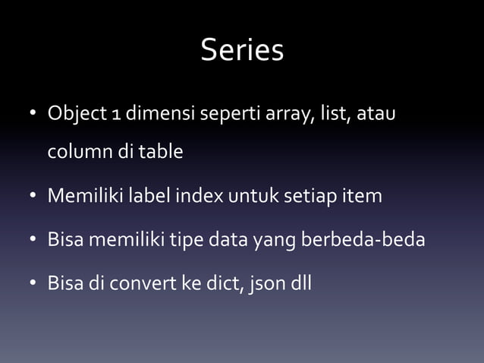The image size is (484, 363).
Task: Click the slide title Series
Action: coord(242,51)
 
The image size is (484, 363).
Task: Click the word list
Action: coord(329,115)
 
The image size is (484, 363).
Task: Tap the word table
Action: coord(159,152)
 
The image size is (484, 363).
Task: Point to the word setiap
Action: coord(309,197)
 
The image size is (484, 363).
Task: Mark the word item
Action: coord(363,197)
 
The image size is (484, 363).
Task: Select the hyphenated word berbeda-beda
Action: coord(363,241)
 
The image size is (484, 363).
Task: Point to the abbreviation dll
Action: coord(297,285)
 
